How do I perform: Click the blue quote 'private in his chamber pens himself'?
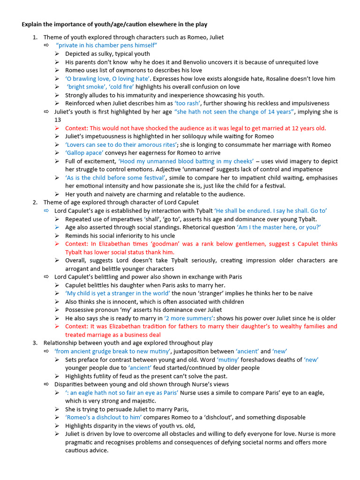(106, 45)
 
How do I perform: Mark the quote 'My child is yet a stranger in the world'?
(118, 293)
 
